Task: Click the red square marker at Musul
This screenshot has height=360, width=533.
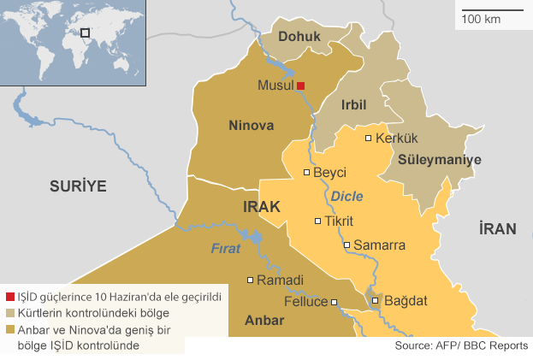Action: tap(301, 86)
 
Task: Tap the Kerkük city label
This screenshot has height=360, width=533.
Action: tap(396, 139)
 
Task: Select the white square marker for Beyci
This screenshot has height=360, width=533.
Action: tap(307, 173)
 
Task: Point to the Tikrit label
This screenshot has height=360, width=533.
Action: tap(339, 221)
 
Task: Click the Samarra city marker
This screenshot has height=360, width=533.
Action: tap(346, 245)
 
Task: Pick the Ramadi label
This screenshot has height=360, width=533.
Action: tap(281, 280)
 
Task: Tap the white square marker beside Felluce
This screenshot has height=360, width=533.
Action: tap(335, 302)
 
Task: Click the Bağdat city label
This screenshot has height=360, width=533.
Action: tap(406, 301)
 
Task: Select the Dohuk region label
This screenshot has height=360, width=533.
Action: tap(299, 37)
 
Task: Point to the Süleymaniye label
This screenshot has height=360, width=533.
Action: tap(440, 160)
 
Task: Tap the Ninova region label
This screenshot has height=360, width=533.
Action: tap(252, 126)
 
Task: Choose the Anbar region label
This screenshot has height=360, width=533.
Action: tap(264, 322)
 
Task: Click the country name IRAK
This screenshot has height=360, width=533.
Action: tap(262, 207)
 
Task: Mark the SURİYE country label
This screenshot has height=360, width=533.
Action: tap(77, 185)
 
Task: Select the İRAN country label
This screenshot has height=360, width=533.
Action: tap(497, 228)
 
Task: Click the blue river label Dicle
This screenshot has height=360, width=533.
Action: tap(347, 195)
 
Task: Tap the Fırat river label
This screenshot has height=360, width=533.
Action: tap(227, 249)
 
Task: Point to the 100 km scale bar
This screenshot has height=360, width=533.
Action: tap(492, 10)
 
